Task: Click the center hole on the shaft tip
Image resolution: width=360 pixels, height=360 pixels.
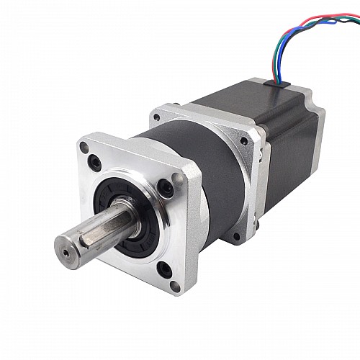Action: point(66,253)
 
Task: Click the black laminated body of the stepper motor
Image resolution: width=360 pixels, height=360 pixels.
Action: point(288,137)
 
